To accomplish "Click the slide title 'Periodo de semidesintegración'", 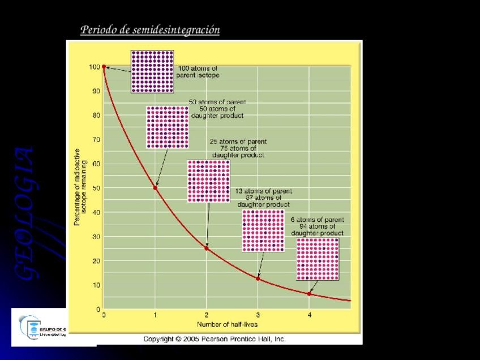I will (150, 29).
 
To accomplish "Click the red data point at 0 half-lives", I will (104, 66).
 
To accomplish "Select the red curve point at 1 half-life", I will (155, 187).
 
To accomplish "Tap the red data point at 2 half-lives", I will (207, 248).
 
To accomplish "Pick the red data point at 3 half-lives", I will (258, 278).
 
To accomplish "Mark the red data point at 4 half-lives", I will (309, 294).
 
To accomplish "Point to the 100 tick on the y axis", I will (95, 67).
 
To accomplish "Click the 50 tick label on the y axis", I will (96, 188).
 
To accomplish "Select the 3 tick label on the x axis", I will (258, 316).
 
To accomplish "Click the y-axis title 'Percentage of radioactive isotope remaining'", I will (81, 188).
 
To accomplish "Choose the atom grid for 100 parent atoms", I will (152, 71).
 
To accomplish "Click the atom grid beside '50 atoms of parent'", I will (167, 127).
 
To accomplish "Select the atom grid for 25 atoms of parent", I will (208, 181).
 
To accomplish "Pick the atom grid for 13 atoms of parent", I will (263, 230).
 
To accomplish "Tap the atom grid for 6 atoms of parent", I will (318, 259).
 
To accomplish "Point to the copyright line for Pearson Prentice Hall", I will (215, 339).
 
